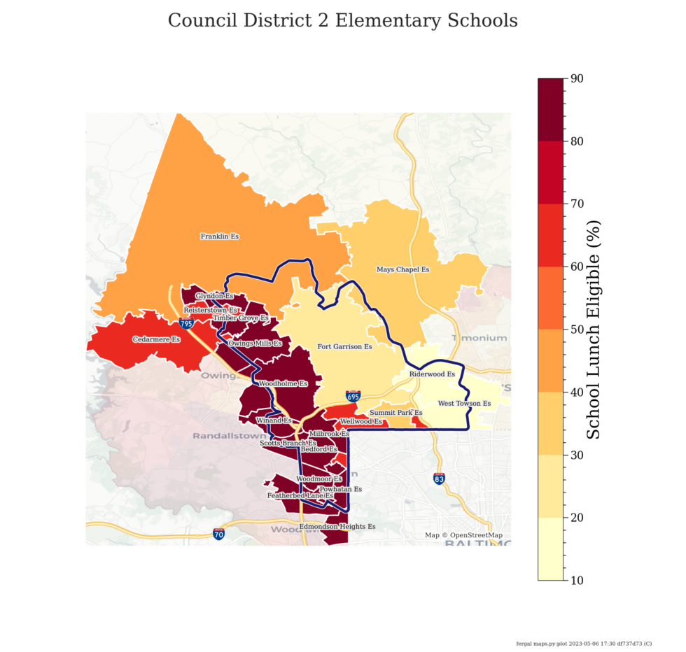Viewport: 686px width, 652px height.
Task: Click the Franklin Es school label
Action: pyautogui.click(x=220, y=236)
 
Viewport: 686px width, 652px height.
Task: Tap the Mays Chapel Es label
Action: pyautogui.click(x=402, y=269)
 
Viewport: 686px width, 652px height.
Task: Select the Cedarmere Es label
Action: pyautogui.click(x=157, y=340)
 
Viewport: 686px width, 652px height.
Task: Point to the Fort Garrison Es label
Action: pyautogui.click(x=344, y=346)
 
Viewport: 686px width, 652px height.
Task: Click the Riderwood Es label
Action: pyautogui.click(x=432, y=374)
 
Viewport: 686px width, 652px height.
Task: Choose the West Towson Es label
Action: pyautogui.click(x=464, y=404)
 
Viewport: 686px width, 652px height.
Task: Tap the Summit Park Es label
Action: pyautogui.click(x=396, y=413)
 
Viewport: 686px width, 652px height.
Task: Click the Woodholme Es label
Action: pyautogui.click(x=283, y=384)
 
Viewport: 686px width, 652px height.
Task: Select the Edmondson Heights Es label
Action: pyautogui.click(x=337, y=527)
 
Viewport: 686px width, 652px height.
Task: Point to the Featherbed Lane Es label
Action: pyautogui.click(x=300, y=496)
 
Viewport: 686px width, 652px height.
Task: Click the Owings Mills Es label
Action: pyautogui.click(x=255, y=343)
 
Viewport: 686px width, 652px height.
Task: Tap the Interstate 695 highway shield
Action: pyautogui.click(x=353, y=397)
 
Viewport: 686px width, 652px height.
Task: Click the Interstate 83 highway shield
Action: pyautogui.click(x=439, y=479)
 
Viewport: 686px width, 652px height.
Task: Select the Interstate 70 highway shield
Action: pyautogui.click(x=219, y=534)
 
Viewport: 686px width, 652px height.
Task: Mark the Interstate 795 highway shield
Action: pyautogui.click(x=186, y=323)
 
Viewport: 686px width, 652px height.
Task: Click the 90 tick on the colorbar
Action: pyautogui.click(x=577, y=78)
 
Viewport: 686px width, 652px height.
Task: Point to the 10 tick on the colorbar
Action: pyautogui.click(x=577, y=580)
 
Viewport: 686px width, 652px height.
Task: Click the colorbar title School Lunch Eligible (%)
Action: pyautogui.click(x=593, y=329)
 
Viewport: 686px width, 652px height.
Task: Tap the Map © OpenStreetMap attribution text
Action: pyautogui.click(x=463, y=536)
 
